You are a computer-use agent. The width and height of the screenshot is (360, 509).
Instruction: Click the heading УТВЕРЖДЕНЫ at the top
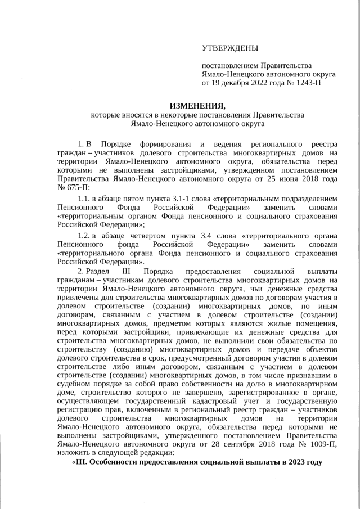231,50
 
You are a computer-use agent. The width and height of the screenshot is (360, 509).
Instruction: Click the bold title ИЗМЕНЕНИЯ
197,106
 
